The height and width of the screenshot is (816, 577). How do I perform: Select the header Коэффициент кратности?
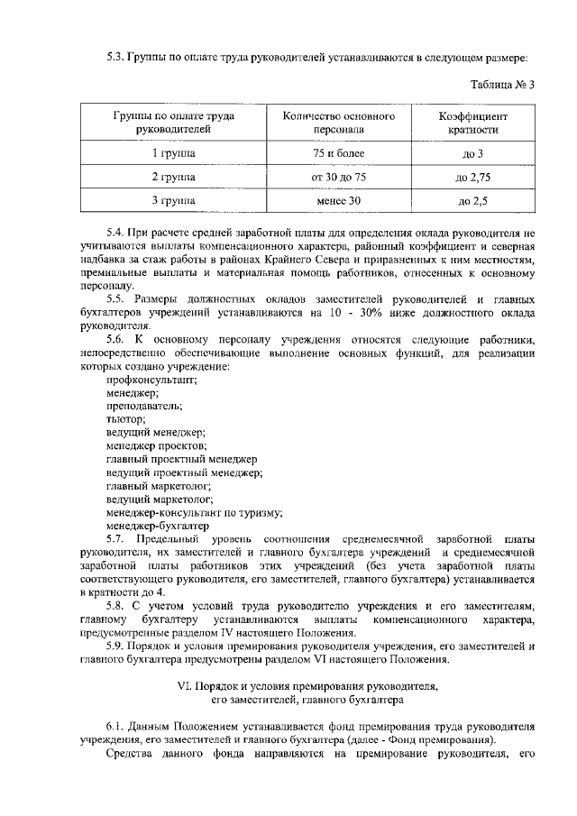pos(473,123)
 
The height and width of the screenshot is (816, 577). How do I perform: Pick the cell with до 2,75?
pos(473,177)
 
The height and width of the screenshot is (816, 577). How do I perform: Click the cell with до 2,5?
pos(473,200)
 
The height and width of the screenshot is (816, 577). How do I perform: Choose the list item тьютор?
pos(125,418)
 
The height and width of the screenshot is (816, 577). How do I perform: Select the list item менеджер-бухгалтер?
pos(158,524)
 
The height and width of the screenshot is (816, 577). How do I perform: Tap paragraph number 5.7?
pos(116,537)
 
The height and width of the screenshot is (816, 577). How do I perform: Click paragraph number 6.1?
pos(116,726)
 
